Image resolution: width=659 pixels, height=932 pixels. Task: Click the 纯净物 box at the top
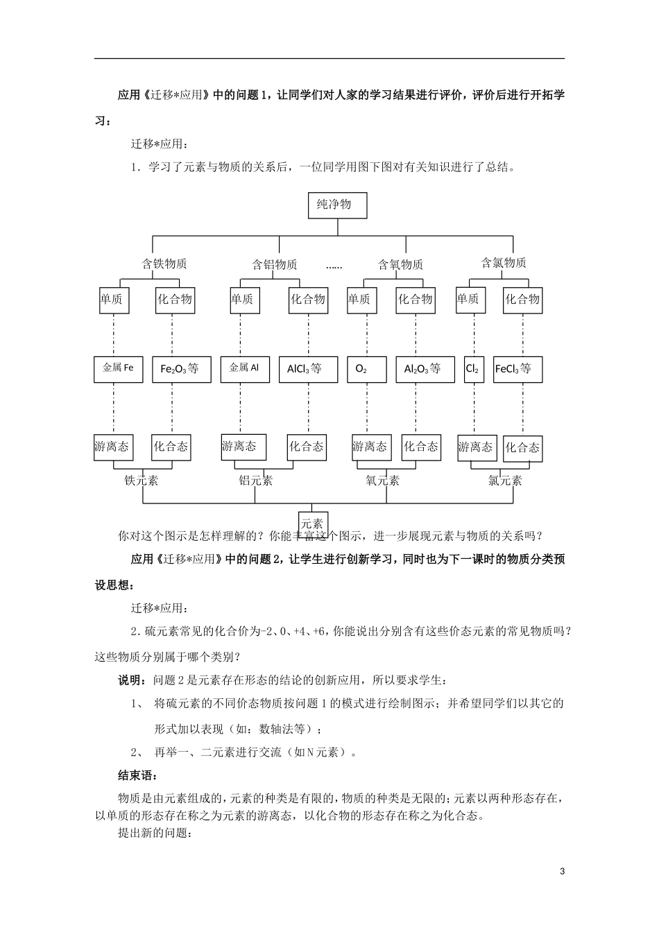336,205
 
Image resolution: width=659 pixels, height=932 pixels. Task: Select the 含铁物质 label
164,264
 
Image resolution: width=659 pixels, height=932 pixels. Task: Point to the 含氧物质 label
400,264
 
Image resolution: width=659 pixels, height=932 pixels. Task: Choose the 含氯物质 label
504,263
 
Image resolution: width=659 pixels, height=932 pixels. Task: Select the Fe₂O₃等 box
180,369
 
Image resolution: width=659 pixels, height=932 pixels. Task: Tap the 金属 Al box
244,368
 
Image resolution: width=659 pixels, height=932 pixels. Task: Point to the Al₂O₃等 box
422,369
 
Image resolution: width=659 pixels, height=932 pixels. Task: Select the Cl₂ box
472,369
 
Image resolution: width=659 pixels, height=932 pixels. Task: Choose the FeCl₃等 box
517,369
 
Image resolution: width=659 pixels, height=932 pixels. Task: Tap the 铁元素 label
142,480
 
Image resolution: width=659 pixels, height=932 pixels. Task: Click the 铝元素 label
256,480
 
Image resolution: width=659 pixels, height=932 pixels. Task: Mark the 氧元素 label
382,480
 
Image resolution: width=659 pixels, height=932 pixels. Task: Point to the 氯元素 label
505,480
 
